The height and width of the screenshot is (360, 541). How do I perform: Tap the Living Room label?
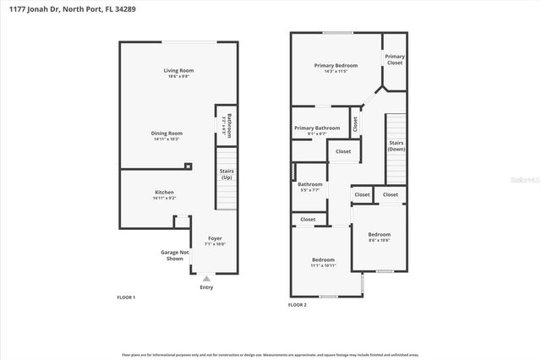178,73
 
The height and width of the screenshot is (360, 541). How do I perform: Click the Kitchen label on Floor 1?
164,194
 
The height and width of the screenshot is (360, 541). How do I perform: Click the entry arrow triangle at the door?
206,277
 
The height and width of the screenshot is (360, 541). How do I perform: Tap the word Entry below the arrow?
206,287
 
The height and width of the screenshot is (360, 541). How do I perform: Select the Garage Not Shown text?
173,255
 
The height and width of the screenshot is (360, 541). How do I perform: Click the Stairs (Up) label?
227,174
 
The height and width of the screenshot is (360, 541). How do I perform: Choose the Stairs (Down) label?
396,145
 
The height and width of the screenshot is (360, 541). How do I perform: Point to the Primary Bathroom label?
317,130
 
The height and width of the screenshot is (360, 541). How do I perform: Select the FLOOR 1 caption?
126,297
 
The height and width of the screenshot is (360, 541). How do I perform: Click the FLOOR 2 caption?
298,304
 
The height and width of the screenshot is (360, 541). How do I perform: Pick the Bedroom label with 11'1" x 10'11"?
323,262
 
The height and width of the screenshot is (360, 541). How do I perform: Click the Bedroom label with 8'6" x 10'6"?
379,237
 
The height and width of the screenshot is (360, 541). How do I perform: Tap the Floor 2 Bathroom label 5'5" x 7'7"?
309,187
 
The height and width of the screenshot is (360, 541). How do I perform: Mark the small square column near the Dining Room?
189,166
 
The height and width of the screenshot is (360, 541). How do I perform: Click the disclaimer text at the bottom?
270,354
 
